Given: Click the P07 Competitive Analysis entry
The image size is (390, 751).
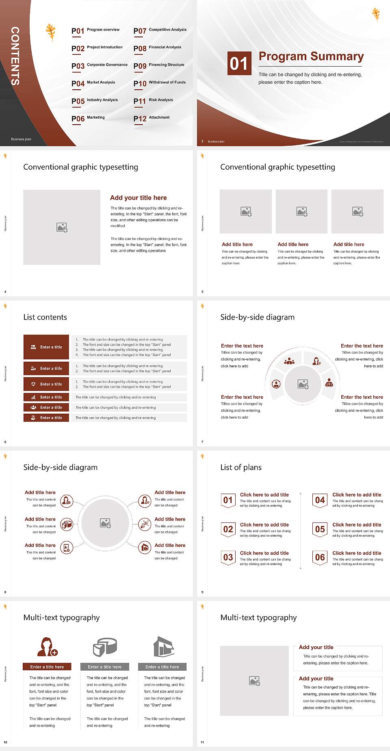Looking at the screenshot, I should pos(160,30).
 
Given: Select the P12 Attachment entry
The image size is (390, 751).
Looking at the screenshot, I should pos(152,118).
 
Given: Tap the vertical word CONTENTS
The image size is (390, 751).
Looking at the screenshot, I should pos(15,56).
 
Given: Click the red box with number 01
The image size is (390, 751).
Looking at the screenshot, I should pos(239,63).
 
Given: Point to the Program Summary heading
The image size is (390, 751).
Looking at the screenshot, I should pos(311,56).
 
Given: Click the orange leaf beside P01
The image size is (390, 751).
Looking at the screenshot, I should pos(51,32).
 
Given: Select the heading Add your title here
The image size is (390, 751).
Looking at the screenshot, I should pos(138,198).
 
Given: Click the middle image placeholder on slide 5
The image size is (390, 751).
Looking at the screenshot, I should pos(301,211).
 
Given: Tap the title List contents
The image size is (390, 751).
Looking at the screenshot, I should pos(45,317).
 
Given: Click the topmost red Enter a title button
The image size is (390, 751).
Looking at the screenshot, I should pos(46,347).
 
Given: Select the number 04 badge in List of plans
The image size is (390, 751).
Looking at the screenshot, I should pos(320,500).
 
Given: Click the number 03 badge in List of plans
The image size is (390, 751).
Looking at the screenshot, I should pos(228,557).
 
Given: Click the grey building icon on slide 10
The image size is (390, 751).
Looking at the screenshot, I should pos(164,647).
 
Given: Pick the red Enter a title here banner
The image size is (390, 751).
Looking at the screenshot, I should pos(47,667).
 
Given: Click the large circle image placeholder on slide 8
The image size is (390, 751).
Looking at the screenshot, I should pos(105,523).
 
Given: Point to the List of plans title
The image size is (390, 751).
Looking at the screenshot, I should pos(241,467).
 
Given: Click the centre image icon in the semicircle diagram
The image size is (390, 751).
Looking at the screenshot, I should pos(303,384).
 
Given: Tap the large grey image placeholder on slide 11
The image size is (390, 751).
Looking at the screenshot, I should pos(254,681).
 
